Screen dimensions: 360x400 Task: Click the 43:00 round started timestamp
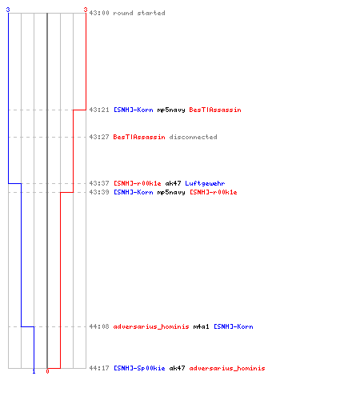pos(99,13)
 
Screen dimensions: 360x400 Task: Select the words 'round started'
pos(139,13)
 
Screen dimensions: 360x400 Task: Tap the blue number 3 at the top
pos(8,10)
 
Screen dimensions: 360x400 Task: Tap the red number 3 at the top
pos(86,10)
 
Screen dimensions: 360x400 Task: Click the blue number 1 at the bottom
pos(34,371)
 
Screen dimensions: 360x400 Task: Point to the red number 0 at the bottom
pos(47,371)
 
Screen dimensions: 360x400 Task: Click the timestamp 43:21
pos(99,110)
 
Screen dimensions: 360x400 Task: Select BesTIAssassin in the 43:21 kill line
pos(215,110)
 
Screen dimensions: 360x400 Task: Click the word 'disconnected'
pos(193,137)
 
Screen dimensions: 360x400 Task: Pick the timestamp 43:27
pos(99,137)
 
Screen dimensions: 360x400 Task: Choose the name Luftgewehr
pos(205,183)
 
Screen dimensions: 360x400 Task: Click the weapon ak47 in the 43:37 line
pos(173,183)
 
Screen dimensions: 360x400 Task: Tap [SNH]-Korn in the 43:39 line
pos(134,192)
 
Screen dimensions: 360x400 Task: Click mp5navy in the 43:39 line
pos(171,193)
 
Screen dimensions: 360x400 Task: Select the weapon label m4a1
pos(201,326)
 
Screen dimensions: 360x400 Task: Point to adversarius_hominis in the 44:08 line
pos(151,326)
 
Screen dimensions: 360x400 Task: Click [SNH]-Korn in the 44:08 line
pos(234,326)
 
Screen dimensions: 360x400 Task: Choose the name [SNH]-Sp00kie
pos(139,368)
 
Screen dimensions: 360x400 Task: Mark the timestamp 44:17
pos(99,368)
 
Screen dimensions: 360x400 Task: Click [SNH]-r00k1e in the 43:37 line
pos(138,183)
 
